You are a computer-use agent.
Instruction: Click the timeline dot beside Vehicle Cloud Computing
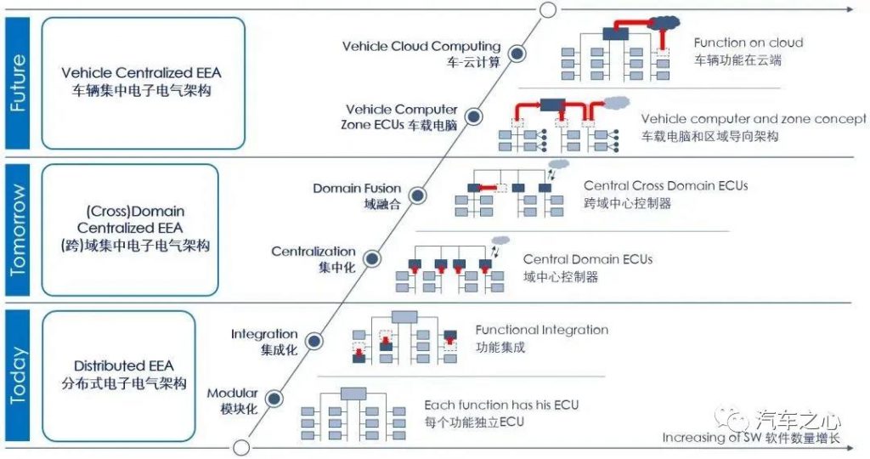point(517,54)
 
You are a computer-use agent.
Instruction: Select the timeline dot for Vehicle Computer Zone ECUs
point(473,116)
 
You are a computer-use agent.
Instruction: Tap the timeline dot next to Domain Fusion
point(417,195)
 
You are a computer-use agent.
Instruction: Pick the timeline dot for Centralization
point(372,258)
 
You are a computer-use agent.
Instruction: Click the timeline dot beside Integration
point(314,342)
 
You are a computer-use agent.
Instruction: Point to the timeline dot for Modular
point(274,399)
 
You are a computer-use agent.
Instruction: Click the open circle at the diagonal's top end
point(548,9)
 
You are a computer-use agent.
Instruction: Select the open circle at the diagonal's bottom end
point(240,447)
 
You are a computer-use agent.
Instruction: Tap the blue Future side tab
point(17,83)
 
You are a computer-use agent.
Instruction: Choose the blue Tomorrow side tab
point(17,229)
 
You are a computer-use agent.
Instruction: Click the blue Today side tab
point(17,376)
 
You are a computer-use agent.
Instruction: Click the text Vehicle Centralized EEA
point(141,73)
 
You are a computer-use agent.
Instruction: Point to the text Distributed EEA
point(124,365)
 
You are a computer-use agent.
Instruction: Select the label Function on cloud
point(748,42)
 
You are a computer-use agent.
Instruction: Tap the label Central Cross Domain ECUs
point(666,186)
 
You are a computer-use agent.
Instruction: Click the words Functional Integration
point(541,330)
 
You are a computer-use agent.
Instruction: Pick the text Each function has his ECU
point(501,405)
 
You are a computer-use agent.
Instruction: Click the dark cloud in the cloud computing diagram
point(664,23)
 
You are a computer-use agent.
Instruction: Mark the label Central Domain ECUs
point(588,259)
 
